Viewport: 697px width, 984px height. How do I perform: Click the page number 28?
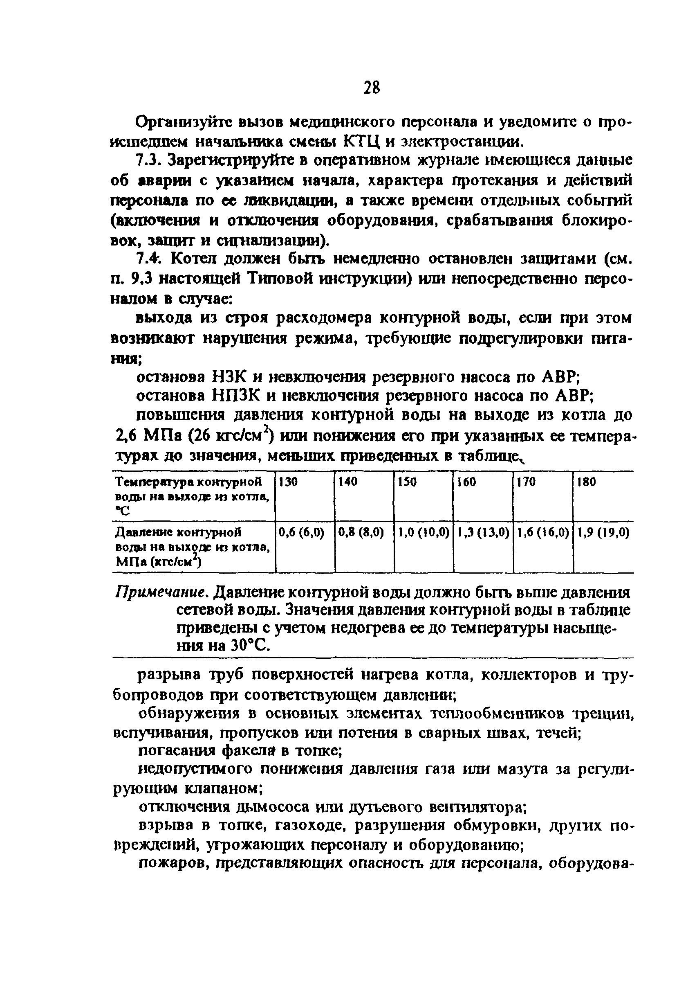click(371, 88)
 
